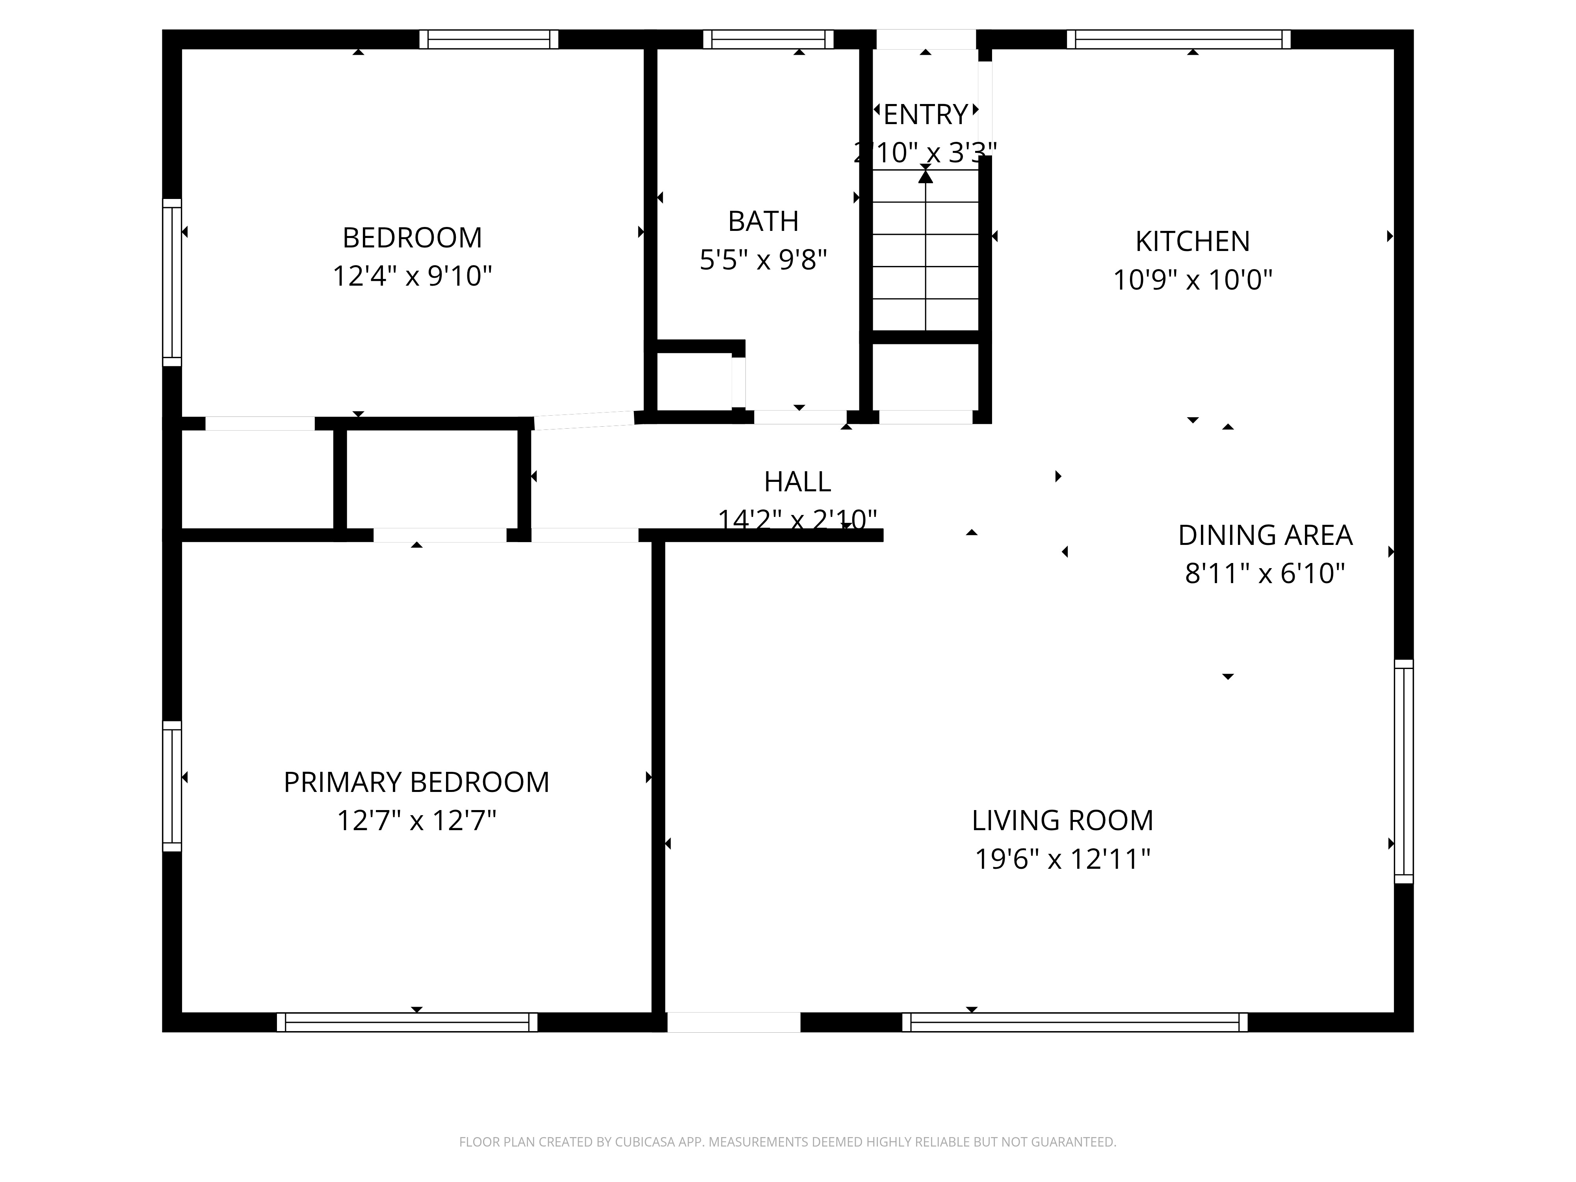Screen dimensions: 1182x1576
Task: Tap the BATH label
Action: [763, 221]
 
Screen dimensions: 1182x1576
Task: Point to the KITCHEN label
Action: [1192, 242]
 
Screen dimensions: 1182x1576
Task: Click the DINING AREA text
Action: [1265, 535]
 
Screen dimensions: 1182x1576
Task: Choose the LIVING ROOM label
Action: [1061, 821]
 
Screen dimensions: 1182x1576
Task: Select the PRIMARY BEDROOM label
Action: [416, 782]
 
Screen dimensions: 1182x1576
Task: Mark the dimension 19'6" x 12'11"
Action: [1061, 859]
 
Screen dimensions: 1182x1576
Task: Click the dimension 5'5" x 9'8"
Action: [763, 260]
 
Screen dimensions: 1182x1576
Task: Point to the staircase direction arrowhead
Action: [925, 175]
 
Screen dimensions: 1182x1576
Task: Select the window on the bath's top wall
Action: [768, 39]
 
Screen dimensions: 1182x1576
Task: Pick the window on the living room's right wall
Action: [1403, 771]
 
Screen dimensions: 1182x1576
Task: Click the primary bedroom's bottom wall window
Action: [407, 1022]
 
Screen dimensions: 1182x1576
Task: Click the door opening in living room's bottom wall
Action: [733, 1022]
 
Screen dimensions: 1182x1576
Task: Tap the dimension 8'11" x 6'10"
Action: [1265, 574]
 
